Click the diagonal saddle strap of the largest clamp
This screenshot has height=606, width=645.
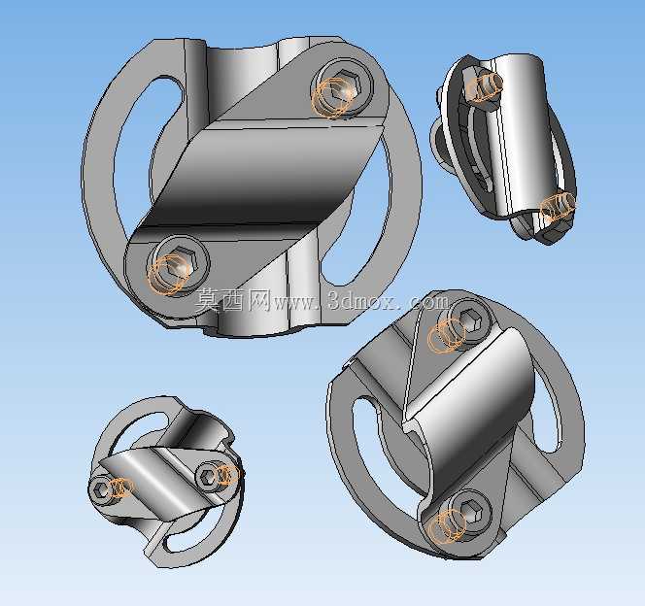click(263, 173)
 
